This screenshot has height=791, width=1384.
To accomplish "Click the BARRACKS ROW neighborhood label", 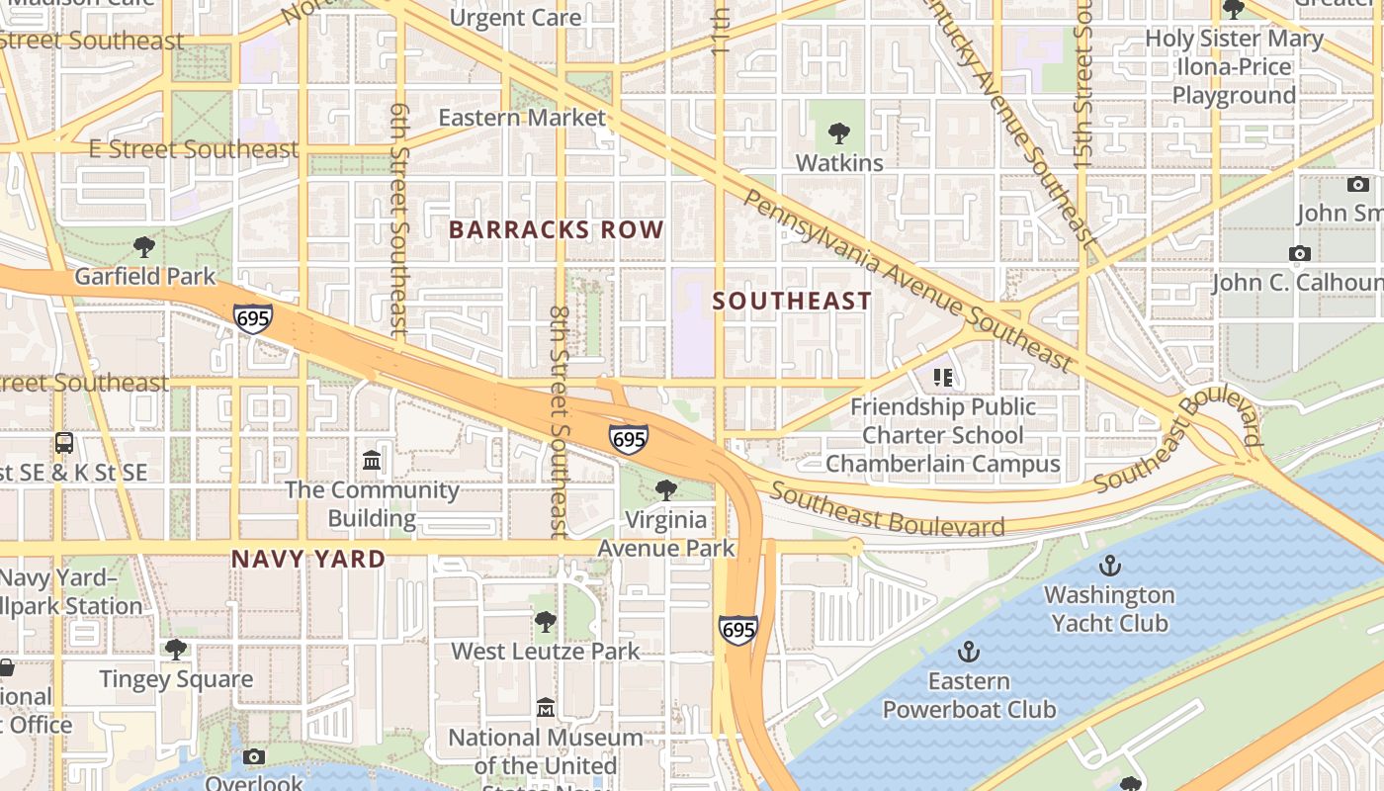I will [556, 229].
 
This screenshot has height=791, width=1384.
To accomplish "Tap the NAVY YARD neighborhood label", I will [307, 559].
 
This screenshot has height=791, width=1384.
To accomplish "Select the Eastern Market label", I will [522, 118].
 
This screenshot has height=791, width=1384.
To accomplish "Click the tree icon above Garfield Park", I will [144, 246].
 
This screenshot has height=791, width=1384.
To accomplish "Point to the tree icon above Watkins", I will [838, 132].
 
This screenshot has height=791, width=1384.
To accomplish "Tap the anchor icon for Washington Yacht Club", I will [1110, 566].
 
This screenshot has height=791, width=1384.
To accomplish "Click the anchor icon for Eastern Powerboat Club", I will [969, 652].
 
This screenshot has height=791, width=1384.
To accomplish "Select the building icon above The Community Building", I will [373, 461].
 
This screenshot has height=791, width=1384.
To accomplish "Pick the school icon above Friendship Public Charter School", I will [942, 377].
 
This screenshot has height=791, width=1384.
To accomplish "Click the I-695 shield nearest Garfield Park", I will [253, 318].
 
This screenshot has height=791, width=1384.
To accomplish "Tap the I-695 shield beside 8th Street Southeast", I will [629, 438].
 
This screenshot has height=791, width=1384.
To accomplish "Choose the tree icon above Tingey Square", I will [176, 650].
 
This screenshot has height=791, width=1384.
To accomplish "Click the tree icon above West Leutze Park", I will [545, 622].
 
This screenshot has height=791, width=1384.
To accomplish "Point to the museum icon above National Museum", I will [545, 708].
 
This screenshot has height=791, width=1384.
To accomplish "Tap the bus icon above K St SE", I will [64, 443].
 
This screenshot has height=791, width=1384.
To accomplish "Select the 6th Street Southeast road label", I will [399, 220].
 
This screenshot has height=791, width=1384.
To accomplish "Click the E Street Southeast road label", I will [193, 149].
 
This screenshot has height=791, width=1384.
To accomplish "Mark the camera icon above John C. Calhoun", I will [1300, 253].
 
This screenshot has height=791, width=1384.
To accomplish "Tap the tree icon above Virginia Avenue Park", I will [666, 489].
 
